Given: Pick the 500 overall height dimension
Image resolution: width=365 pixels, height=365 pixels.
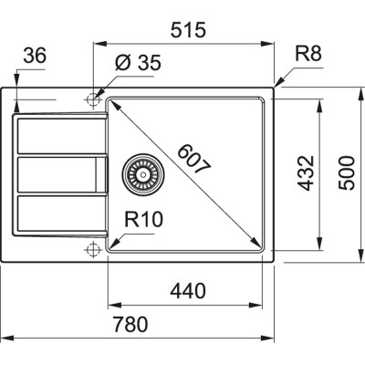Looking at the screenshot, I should (344, 172).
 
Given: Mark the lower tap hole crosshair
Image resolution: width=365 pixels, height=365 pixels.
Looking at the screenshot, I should (93, 249).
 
